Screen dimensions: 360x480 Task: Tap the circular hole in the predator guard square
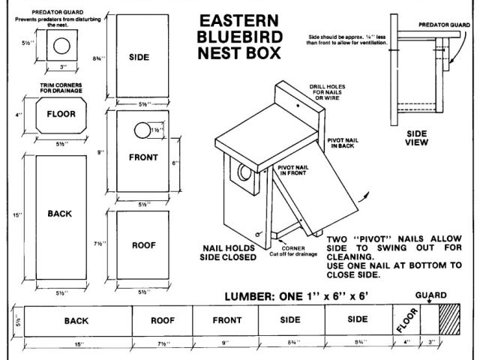59,46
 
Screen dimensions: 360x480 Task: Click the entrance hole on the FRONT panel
141,130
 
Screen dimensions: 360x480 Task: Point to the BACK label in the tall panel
59,214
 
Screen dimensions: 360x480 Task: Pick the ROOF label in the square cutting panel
143,245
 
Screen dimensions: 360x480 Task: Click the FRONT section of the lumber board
226,319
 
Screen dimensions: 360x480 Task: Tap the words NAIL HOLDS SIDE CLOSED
229,251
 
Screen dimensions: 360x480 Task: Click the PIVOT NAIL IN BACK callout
343,143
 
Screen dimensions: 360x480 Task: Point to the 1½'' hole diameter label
156,130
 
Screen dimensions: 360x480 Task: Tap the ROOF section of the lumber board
163,319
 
